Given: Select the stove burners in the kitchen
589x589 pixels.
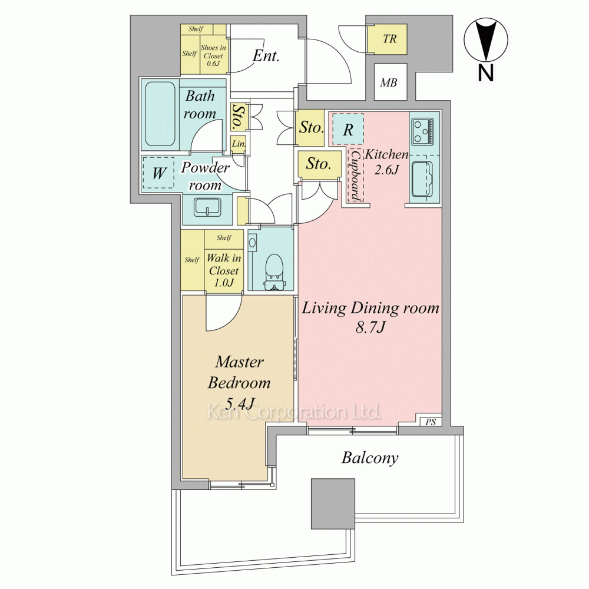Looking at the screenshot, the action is coord(423,131).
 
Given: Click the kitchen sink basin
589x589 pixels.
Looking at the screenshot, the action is coord(422,179).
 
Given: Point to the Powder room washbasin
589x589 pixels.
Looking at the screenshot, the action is coord(207,207).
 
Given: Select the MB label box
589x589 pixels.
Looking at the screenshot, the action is coord(391,82).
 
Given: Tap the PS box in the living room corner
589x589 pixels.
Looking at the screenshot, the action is coord(431,422).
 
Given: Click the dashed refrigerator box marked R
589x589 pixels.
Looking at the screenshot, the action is coord(348,129).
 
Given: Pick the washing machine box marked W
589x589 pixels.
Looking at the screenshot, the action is coord(158,173).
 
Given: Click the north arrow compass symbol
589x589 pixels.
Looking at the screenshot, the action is coord(486,41).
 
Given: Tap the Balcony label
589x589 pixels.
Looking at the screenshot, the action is coord(370,458).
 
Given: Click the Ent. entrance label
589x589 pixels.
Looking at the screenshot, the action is coord(266,55).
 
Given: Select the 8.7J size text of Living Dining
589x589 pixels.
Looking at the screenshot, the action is coord(370,327).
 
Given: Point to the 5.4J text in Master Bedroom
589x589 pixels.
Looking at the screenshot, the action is coord(240,404).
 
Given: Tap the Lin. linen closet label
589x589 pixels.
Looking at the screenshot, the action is coord(239,144).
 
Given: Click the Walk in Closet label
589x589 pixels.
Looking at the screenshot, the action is coord(224,270).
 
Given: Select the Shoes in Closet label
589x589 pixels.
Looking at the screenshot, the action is coord(213,55).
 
